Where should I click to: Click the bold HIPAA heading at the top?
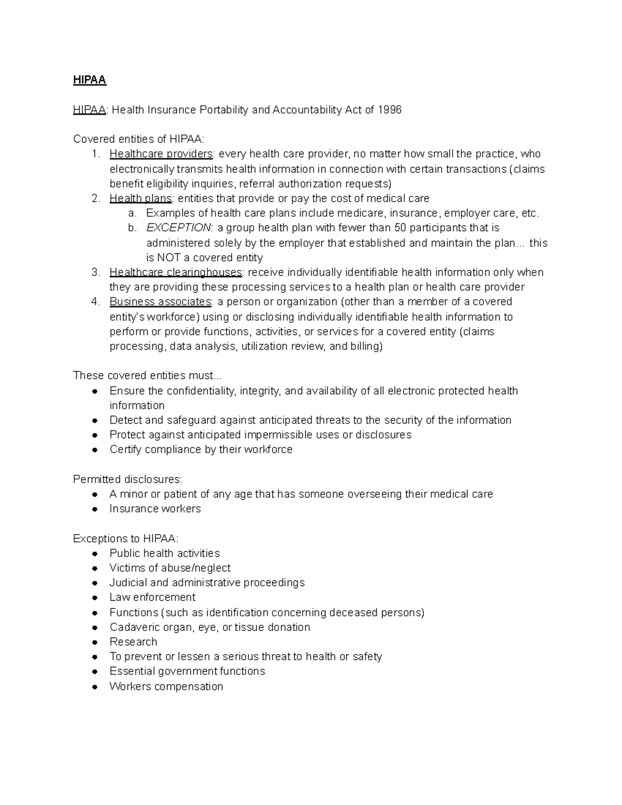pyautogui.click(x=89, y=80)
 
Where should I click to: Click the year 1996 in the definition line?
pyautogui.click(x=390, y=110)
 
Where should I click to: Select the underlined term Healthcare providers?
pyautogui.click(x=161, y=154)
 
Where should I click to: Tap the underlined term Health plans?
pyautogui.click(x=140, y=199)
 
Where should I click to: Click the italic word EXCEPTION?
pyautogui.click(x=178, y=228)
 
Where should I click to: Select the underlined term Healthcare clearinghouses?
pyautogui.click(x=176, y=272)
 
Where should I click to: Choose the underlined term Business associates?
pyautogui.click(x=160, y=302)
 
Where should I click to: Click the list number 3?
pyautogui.click(x=95, y=272)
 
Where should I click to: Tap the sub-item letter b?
pyautogui.click(x=132, y=228)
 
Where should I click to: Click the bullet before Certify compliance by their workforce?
pyautogui.click(x=95, y=450)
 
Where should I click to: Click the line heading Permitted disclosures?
pyautogui.click(x=128, y=479)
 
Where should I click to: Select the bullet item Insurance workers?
pyautogui.click(x=155, y=509)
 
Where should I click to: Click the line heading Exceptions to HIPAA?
pyautogui.click(x=125, y=539)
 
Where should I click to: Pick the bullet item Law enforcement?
pyautogui.click(x=152, y=597)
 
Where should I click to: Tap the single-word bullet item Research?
pyautogui.click(x=133, y=642)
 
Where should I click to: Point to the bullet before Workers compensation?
pyautogui.click(x=95, y=687)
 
